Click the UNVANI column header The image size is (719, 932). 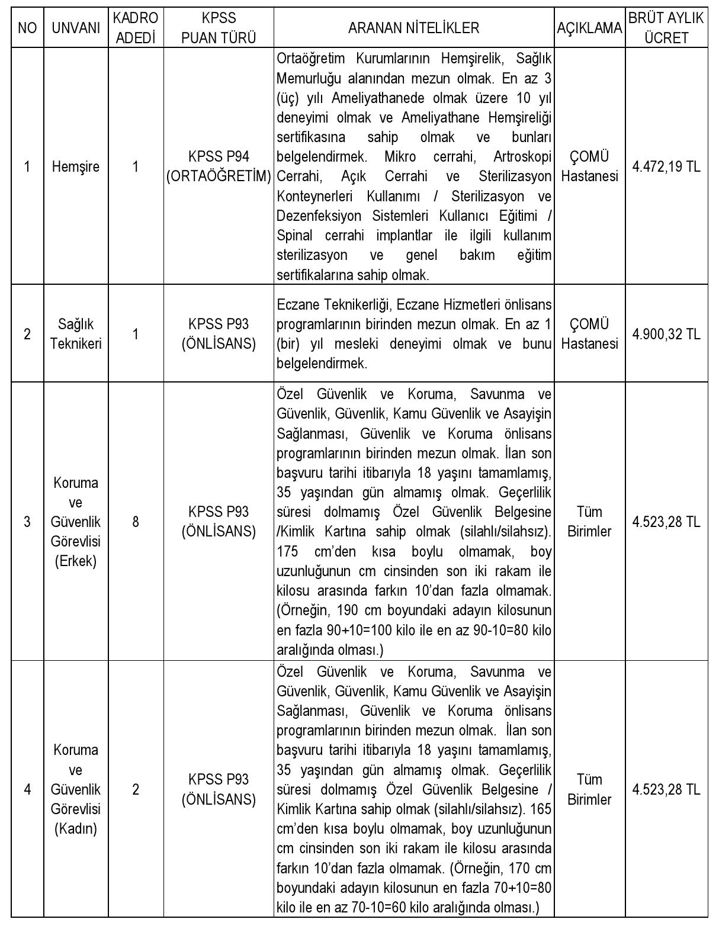point(76,28)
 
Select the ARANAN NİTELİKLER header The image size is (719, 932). point(413,28)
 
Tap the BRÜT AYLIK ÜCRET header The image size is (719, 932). point(666,28)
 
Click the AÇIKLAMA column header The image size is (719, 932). point(589,28)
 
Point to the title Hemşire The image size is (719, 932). point(76,166)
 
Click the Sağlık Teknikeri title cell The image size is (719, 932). point(76,334)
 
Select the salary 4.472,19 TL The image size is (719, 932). point(666,166)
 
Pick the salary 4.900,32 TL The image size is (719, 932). point(666,334)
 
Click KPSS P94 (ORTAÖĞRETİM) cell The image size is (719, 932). point(219,166)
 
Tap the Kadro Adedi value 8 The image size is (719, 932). point(136,522)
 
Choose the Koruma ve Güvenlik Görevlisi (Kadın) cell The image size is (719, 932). point(76,789)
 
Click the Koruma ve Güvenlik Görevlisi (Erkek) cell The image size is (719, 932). point(76,522)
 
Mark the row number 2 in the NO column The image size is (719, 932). point(27,334)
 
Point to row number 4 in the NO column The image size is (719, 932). point(27,789)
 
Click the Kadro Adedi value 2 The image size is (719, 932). point(136,789)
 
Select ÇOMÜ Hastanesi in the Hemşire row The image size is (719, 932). point(589,166)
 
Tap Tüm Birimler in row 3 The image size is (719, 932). point(589,522)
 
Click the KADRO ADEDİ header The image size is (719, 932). point(136,28)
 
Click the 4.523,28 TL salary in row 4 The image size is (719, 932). point(666,789)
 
